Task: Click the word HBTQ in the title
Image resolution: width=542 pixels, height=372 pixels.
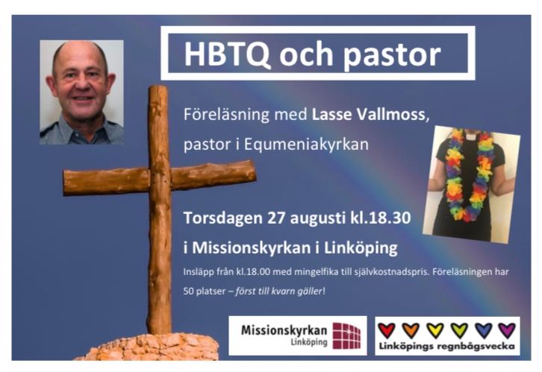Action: pyautogui.click(x=227, y=54)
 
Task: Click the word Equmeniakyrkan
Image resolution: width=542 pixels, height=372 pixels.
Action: pyautogui.click(x=306, y=145)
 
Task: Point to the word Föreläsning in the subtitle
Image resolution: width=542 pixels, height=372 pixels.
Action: pyautogui.click(x=226, y=114)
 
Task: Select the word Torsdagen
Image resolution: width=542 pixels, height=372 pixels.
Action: pyautogui.click(x=223, y=218)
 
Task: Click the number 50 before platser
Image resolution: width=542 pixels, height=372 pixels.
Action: pyautogui.click(x=188, y=291)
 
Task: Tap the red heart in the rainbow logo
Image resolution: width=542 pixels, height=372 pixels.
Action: pyautogui.click(x=387, y=330)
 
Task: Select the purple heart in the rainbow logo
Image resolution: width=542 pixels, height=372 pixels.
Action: pyautogui.click(x=507, y=330)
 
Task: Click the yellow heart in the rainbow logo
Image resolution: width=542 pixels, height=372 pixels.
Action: pyautogui.click(x=434, y=330)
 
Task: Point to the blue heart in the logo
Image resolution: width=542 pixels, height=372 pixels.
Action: pyautogui.click(x=483, y=330)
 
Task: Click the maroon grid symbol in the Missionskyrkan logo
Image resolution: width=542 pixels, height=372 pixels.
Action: pyautogui.click(x=346, y=335)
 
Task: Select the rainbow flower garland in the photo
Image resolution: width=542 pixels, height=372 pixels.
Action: pyautogui.click(x=469, y=174)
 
